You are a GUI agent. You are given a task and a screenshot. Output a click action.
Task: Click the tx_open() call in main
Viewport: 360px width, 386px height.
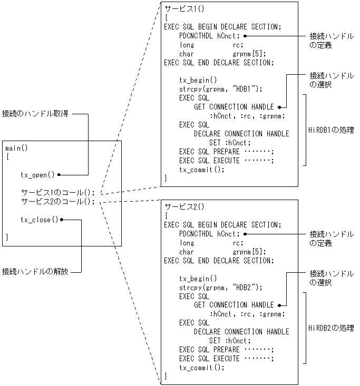click(37, 174)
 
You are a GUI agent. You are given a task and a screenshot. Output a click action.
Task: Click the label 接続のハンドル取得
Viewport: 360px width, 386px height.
click(35, 114)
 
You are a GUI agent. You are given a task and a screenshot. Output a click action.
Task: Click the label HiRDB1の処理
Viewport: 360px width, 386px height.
click(330, 130)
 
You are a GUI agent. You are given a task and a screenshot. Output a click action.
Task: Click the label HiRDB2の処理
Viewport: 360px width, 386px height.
click(330, 328)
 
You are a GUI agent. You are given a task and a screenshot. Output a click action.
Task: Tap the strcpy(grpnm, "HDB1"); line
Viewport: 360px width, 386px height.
click(220, 89)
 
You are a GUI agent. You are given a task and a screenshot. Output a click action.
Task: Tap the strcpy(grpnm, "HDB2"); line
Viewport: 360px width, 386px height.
click(220, 287)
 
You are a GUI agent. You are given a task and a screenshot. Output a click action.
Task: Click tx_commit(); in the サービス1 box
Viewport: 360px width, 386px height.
click(202, 170)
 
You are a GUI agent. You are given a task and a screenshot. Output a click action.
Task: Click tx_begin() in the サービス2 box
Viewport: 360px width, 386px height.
click(198, 278)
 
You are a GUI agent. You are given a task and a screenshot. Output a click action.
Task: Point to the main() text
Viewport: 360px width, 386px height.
click(16, 148)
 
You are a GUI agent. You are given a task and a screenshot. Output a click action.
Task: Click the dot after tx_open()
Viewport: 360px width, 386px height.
click(60, 174)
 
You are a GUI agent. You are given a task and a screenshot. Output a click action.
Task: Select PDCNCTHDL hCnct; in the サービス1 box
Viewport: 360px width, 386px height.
click(209, 36)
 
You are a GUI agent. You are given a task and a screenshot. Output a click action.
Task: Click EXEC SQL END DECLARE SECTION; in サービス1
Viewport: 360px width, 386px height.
click(219, 62)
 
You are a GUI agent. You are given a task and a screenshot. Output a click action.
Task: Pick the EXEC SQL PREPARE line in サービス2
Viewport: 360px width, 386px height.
click(227, 350)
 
